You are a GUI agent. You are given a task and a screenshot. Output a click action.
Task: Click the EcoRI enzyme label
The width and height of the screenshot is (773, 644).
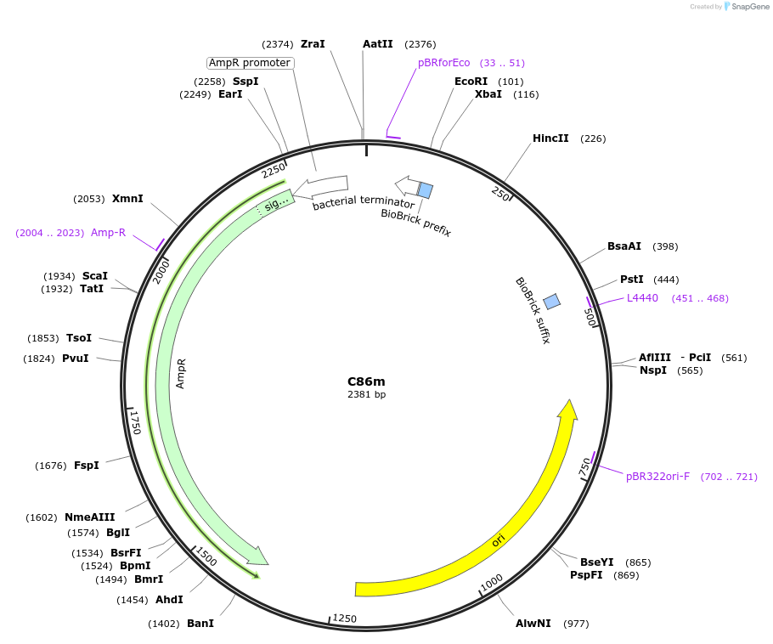coord(471,82)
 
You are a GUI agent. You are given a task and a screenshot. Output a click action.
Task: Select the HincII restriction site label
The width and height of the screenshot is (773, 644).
coord(550,138)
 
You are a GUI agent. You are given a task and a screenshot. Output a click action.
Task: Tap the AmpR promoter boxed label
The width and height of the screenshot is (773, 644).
coord(250,63)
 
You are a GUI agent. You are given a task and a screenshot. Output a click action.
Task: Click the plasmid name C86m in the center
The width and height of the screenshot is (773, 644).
coord(366,381)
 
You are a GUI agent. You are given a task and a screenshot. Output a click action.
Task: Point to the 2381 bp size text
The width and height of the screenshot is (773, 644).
coord(366,395)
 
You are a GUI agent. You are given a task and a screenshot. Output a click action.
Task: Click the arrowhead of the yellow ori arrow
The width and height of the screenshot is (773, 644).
coord(567,410)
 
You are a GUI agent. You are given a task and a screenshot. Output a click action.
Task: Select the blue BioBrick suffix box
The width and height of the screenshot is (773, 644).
coord(551,301)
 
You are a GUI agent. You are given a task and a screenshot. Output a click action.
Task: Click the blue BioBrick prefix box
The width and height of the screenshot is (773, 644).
coord(425,190)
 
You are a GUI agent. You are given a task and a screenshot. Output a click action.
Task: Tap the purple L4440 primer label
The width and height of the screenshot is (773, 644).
coord(642,298)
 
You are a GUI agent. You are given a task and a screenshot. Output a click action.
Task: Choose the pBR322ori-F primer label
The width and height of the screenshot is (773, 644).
coord(657,477)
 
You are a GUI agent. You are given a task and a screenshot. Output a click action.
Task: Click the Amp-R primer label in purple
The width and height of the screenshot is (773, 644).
coord(108,233)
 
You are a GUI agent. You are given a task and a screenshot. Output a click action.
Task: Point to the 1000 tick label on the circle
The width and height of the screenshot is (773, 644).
coord(492,582)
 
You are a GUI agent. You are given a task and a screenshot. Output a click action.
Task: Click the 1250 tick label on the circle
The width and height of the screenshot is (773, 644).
coord(343,618)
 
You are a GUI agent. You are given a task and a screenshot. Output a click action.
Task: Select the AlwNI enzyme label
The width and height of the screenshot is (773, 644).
coord(533,624)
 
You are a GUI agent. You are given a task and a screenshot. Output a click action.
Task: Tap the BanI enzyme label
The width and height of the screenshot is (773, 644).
coord(200,624)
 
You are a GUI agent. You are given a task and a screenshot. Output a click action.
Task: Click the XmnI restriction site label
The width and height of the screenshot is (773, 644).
coord(127,199)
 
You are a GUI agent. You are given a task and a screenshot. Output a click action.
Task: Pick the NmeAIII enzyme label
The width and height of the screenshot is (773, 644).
coord(89,517)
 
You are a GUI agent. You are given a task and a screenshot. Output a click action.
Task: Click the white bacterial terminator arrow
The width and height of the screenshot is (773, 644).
coord(327,184)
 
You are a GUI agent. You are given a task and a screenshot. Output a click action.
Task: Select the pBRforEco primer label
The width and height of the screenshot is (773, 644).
coord(443,63)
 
